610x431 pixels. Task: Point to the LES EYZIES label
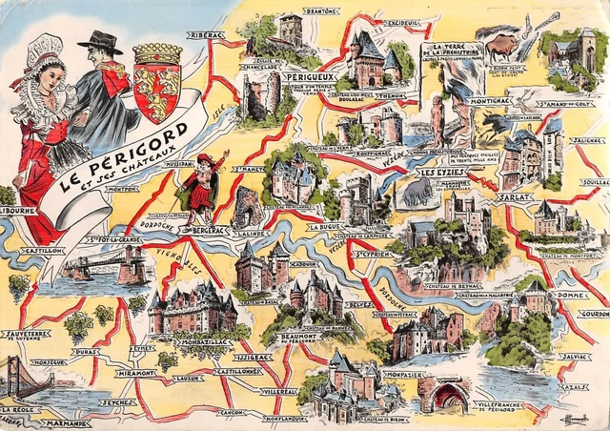click(x=442, y=173)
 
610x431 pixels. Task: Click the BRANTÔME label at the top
click(x=321, y=11)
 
